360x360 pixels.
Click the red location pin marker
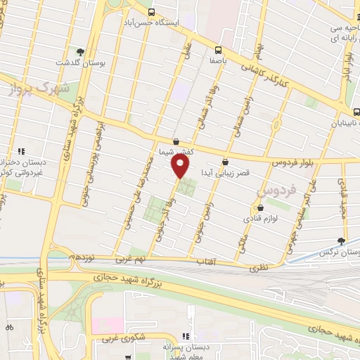point(180,167)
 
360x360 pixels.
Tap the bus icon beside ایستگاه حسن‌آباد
point(152,13)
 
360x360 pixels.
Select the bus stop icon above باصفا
point(218,50)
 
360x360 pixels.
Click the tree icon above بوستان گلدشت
point(80,52)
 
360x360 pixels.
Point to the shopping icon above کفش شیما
point(176,141)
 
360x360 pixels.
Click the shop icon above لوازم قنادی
point(261,208)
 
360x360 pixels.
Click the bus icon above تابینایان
point(356,111)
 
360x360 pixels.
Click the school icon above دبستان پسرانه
point(186,337)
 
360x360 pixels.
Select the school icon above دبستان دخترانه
point(22,151)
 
